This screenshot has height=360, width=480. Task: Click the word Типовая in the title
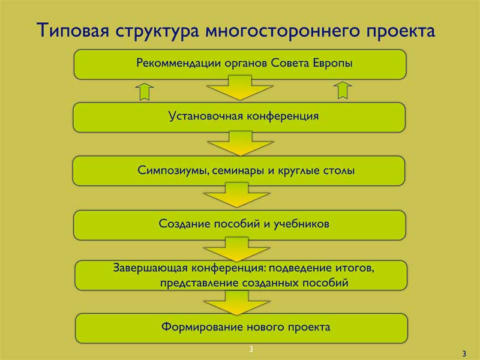pos(73,31)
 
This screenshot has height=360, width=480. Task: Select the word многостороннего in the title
pos(281,31)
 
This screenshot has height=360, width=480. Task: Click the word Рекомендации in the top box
pos(178,63)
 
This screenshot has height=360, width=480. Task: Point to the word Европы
pos(332,64)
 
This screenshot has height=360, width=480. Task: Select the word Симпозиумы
pos(173,170)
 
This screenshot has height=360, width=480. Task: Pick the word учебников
pos(301,224)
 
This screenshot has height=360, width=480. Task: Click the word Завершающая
pos(151,268)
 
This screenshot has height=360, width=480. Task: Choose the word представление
pos(199,283)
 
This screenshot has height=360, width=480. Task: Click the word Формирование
pos(202,326)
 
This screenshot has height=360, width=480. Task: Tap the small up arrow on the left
pos(144,91)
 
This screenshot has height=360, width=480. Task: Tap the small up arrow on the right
pos(343,91)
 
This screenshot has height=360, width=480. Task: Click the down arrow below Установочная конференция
pos(241,143)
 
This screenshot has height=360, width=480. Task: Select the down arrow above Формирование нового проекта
pos(236,302)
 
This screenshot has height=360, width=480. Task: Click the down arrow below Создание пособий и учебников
pos(236,248)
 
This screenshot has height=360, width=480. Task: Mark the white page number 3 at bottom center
pos(251,349)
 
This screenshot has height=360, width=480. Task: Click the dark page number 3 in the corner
pos(464,354)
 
